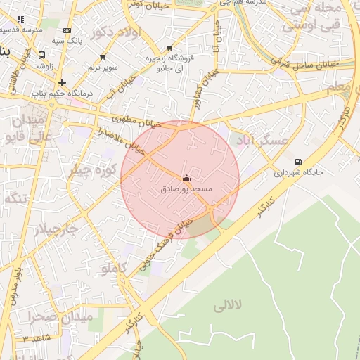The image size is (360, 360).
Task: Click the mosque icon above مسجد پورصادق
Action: coord(186,179)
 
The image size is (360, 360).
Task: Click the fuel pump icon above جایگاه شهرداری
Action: coord(298,161)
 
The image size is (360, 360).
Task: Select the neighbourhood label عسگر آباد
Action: coord(264,140)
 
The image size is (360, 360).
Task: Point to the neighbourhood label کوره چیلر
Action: coord(92,169)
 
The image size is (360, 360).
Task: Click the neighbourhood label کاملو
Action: coord(114,268)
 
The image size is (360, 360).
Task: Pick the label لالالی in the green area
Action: coord(226,304)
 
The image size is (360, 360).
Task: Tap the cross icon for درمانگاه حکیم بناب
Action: coord(63,82)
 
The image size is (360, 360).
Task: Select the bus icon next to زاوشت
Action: coord(42,54)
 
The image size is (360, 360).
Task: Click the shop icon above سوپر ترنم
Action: coord(103,56)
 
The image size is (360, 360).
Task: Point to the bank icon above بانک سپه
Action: coord(67,30)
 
